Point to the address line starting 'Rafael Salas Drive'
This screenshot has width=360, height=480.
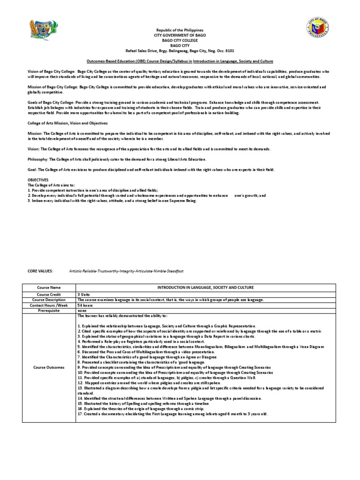click(180, 51)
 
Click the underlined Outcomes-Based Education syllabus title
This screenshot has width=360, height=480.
click(180, 61)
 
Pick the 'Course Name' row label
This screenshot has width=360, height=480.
click(49, 287)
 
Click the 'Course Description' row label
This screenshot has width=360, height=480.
click(49, 300)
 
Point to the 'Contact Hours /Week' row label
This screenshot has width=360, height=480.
click(49, 305)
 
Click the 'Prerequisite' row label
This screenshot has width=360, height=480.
click(49, 310)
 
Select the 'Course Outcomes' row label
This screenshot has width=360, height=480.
click(49, 367)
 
